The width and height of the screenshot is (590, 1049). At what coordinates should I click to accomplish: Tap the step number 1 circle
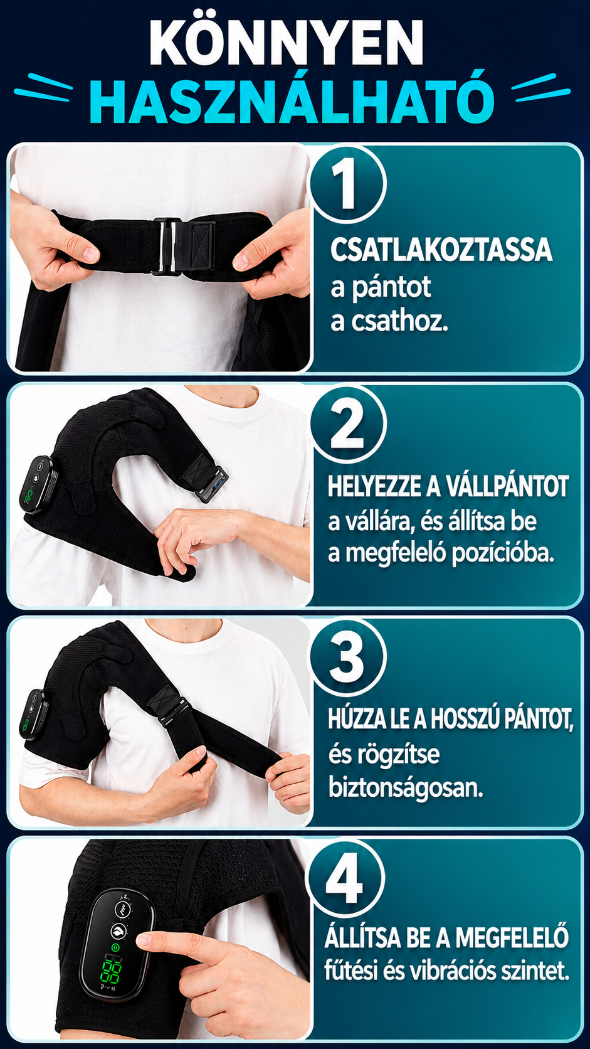tap(347, 183)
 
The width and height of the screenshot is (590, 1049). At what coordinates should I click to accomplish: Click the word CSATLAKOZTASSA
tap(441, 250)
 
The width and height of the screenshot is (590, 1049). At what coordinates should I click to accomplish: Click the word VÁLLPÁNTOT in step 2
tap(506, 486)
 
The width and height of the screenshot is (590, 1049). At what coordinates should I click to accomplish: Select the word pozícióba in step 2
tap(503, 553)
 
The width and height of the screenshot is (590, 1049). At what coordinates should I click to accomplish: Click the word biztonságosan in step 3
tap(406, 787)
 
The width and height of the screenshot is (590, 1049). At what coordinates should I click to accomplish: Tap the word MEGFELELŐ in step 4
tap(512, 937)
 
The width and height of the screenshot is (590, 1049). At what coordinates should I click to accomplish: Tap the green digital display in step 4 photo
tap(111, 970)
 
